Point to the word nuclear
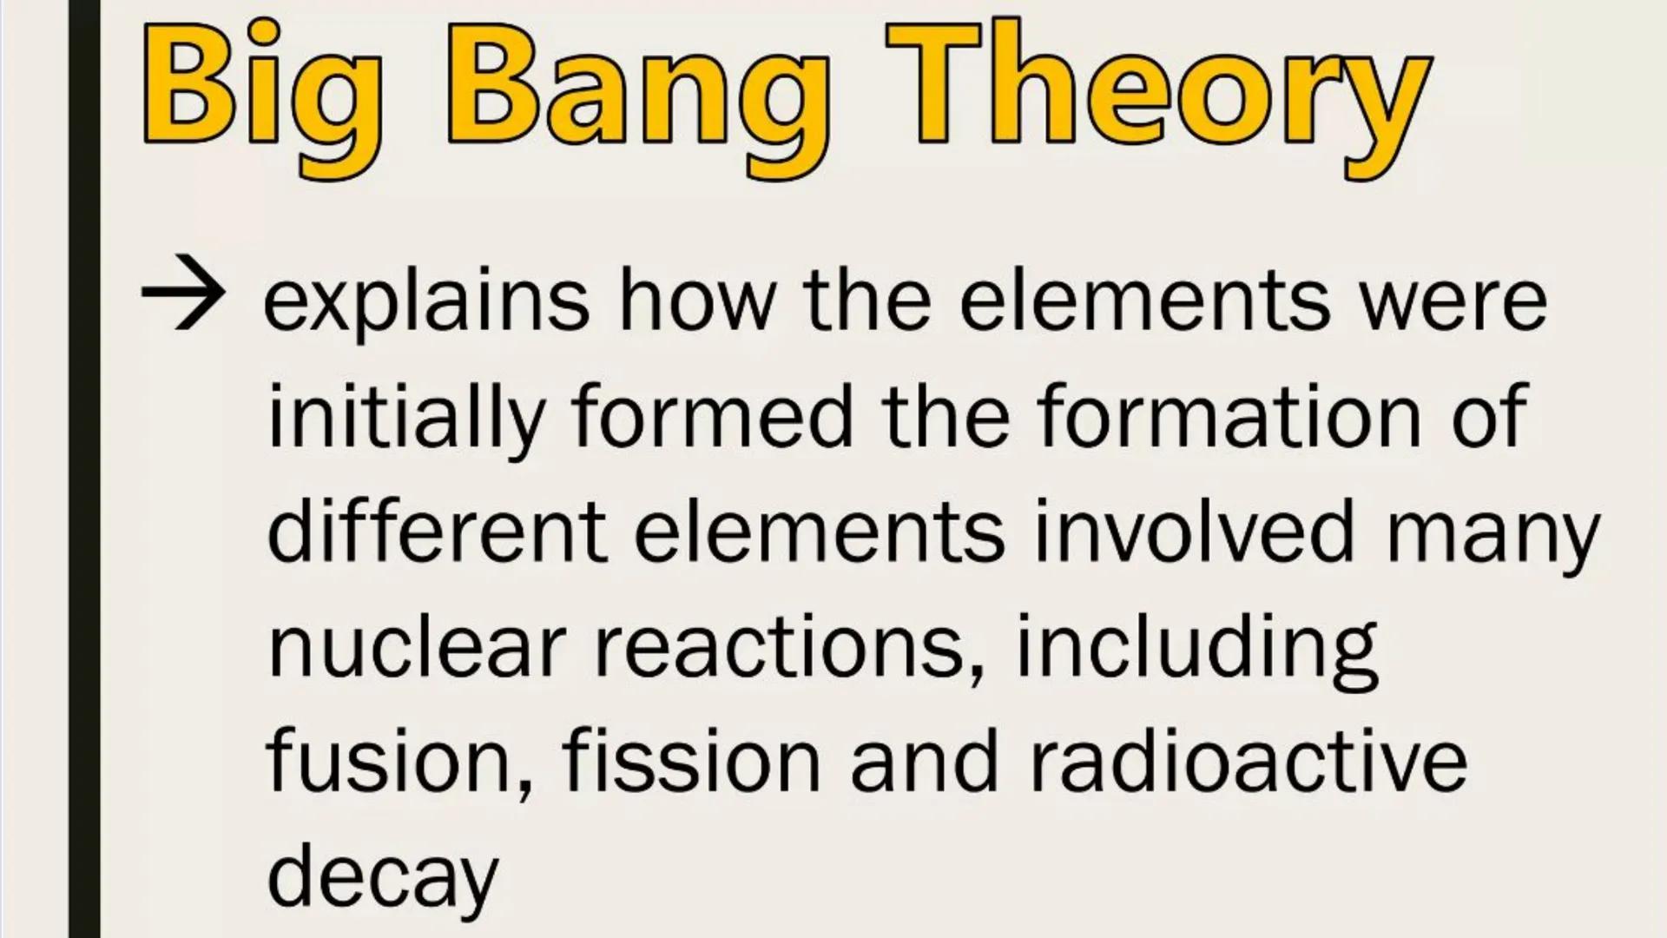coord(417,647)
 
